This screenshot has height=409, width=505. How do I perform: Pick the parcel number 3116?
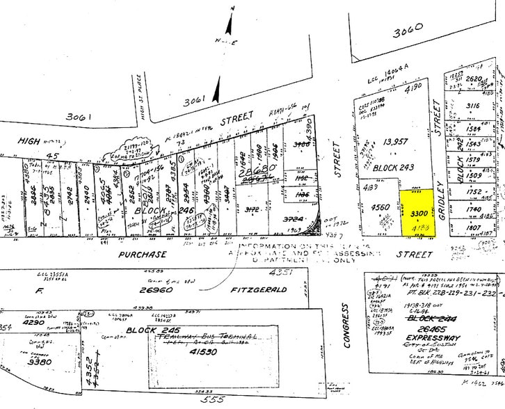coord(473,106)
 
